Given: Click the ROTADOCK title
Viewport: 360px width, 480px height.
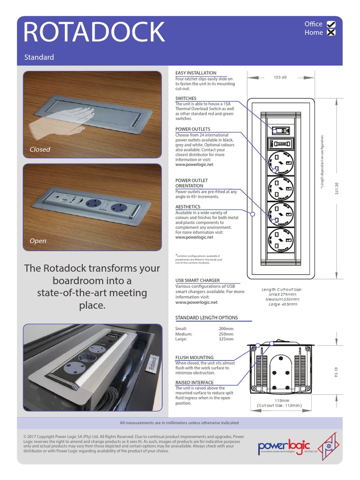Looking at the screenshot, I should (x=94, y=32).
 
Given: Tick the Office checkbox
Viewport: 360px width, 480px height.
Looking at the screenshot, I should (x=331, y=24).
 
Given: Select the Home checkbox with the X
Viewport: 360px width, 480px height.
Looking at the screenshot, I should (x=331, y=33).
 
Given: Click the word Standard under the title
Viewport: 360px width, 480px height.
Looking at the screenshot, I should (x=39, y=57).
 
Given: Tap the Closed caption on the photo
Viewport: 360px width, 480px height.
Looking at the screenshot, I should (x=40, y=150).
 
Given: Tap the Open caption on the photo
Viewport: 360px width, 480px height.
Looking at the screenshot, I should (x=38, y=241).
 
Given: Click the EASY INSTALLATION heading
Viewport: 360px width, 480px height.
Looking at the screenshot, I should (x=196, y=73).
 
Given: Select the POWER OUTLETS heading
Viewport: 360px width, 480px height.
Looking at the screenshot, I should (x=193, y=129).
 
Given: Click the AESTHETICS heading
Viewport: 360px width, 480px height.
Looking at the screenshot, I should (x=187, y=207).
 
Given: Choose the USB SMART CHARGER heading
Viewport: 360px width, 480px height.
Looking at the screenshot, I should (x=197, y=280).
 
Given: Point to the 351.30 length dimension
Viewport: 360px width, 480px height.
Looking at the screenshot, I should (x=337, y=187).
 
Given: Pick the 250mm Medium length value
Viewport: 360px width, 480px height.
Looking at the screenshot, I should (x=226, y=334).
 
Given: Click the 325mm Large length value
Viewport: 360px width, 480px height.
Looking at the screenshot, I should (x=226, y=339).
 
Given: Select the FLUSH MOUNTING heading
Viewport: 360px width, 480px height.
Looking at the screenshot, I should (x=195, y=357).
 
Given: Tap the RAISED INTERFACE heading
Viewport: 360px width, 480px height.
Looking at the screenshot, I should (x=195, y=382).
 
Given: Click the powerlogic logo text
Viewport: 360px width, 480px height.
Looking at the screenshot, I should (x=284, y=444).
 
